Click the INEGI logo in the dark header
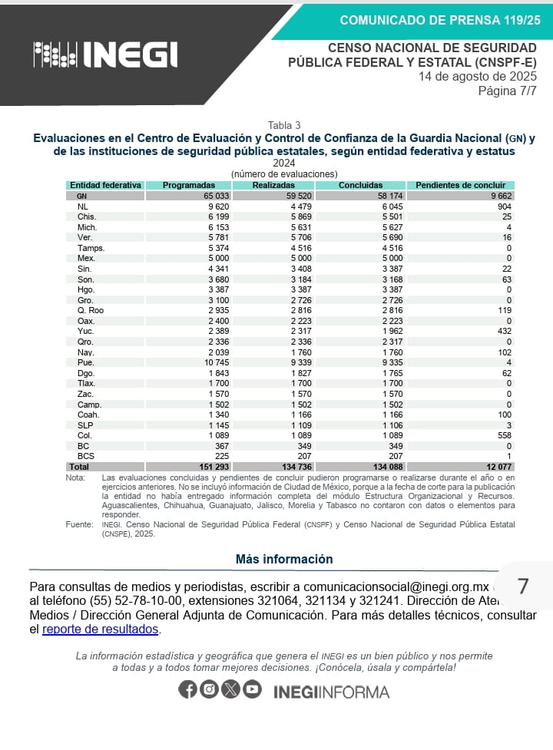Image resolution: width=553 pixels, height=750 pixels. click(105, 54)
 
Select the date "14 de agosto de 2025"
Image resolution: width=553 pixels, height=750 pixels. click(477, 77)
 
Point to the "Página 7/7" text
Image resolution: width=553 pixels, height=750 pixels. click(507, 91)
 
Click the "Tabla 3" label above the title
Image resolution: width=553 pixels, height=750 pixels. click(284, 125)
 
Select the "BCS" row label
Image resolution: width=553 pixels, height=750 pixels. click(86, 457)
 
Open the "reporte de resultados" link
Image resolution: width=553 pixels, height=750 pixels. click(101, 629)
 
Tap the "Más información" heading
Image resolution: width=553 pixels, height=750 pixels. click(284, 560)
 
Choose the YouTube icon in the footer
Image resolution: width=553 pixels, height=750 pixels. click(252, 689)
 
